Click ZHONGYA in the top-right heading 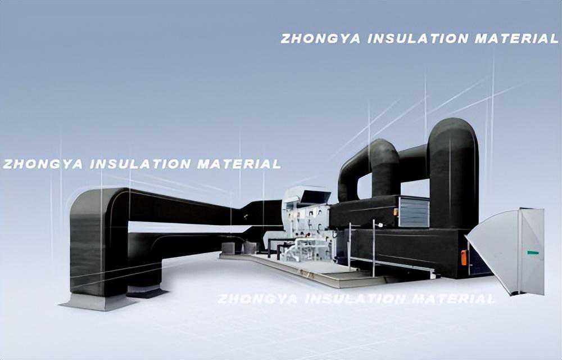[x=320, y=38]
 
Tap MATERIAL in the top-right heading [x=517, y=38]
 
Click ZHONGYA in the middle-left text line [x=43, y=164]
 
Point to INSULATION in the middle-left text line [x=140, y=164]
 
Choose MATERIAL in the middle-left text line [x=239, y=164]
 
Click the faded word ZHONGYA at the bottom [x=257, y=299]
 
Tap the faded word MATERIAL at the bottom [x=454, y=299]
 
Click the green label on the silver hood [x=533, y=253]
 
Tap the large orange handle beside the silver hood [x=464, y=258]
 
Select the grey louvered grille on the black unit [x=414, y=212]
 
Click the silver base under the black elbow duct [x=97, y=302]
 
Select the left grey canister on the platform [x=228, y=248]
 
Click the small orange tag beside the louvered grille [x=396, y=212]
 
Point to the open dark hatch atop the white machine [x=315, y=197]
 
